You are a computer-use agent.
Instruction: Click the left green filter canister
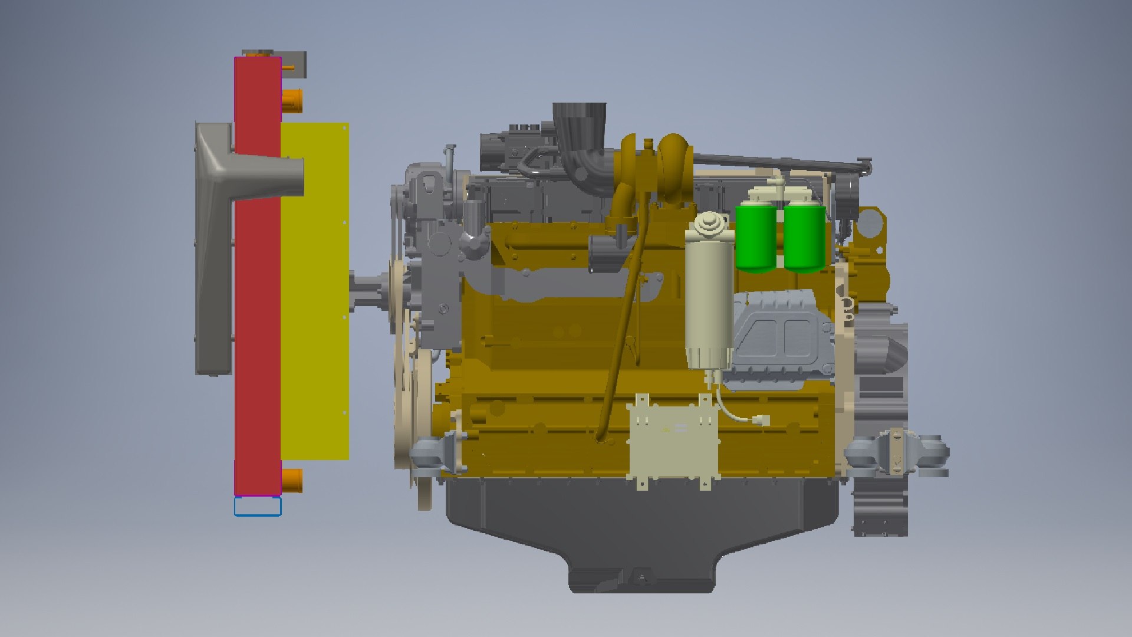755,236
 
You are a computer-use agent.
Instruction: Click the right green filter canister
804,236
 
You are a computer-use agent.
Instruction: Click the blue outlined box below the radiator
258,506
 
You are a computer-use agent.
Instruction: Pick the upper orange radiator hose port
292,100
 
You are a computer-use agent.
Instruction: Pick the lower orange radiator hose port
292,480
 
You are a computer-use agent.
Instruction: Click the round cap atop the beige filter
706,224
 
